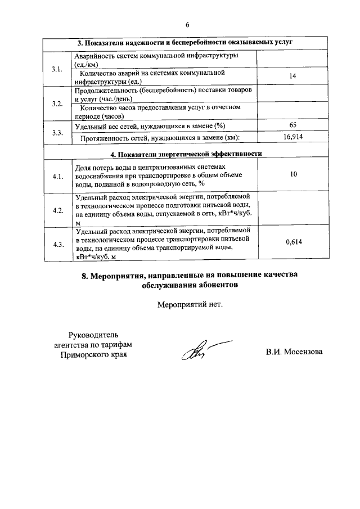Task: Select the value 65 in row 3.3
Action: coord(292,125)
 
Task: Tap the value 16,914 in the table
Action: coord(292,137)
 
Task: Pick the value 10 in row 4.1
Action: coord(293,175)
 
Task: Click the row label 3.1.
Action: coord(57,69)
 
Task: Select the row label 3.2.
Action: coord(57,103)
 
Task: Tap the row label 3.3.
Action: coord(57,133)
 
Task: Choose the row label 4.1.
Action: coord(57,176)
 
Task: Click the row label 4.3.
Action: coord(57,244)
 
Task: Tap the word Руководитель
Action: coord(93,335)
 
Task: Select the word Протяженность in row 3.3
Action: coord(106,138)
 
